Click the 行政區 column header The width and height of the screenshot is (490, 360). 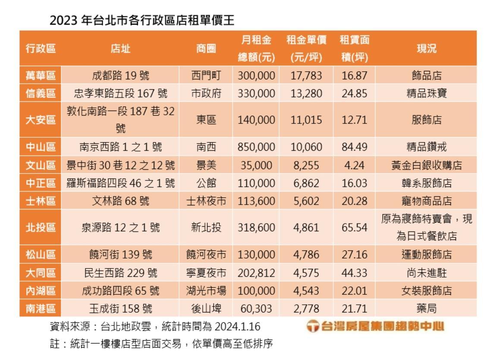click(x=41, y=48)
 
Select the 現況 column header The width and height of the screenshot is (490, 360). click(x=426, y=48)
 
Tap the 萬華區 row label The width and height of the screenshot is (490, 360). click(x=41, y=76)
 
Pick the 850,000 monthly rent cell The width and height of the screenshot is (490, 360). click(x=256, y=147)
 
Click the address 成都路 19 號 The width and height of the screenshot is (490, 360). click(x=121, y=76)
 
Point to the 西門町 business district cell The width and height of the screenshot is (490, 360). click(x=206, y=76)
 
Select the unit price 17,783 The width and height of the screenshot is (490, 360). click(x=306, y=76)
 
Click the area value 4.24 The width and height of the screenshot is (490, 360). click(x=354, y=165)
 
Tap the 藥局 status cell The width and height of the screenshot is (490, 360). click(x=426, y=308)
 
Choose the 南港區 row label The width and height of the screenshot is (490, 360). click(x=41, y=308)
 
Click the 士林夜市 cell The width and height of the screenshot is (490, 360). click(x=206, y=201)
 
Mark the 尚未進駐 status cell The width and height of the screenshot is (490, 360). click(x=426, y=273)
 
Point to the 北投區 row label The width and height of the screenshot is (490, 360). click(x=41, y=227)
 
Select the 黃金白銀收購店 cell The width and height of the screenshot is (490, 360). click(x=426, y=165)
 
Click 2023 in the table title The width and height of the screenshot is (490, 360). click(x=64, y=20)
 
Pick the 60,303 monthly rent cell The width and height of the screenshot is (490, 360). click(x=256, y=308)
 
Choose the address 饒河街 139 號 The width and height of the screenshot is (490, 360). click(x=121, y=255)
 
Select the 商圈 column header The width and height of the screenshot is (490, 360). click(x=206, y=48)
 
